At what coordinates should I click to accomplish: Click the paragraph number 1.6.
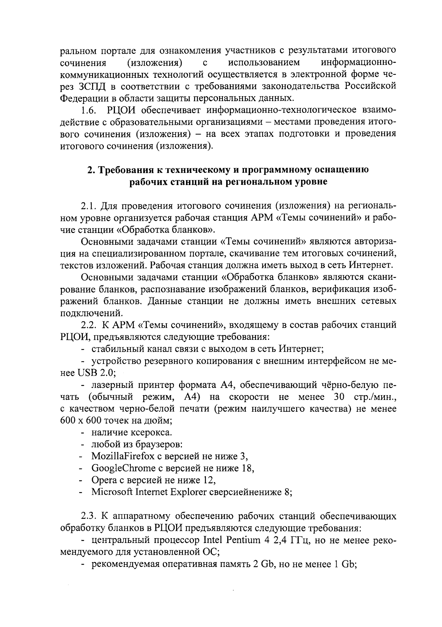pos(89,110)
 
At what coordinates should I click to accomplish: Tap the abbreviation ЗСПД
pos(92,86)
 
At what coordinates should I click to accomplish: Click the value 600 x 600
pos(79,420)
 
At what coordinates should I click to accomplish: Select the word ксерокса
pos(150,432)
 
